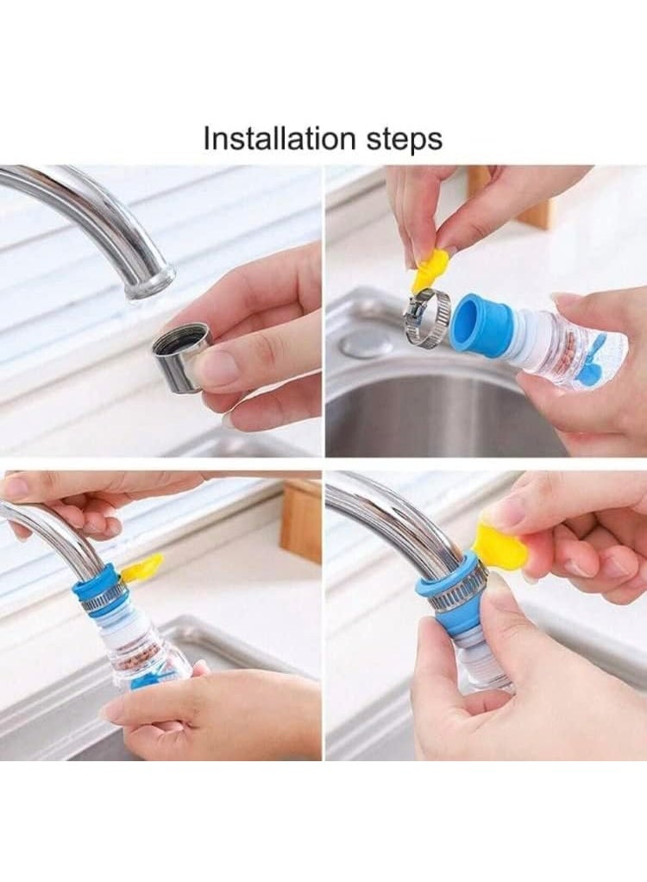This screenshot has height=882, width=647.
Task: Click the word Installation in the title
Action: pos(267,138)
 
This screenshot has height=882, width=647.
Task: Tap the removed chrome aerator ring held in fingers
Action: pos(179,356)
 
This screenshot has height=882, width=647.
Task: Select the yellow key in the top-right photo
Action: pos(430,270)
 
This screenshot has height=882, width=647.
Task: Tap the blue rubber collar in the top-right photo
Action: pos(482,325)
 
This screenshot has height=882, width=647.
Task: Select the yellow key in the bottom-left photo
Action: pos(142,568)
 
